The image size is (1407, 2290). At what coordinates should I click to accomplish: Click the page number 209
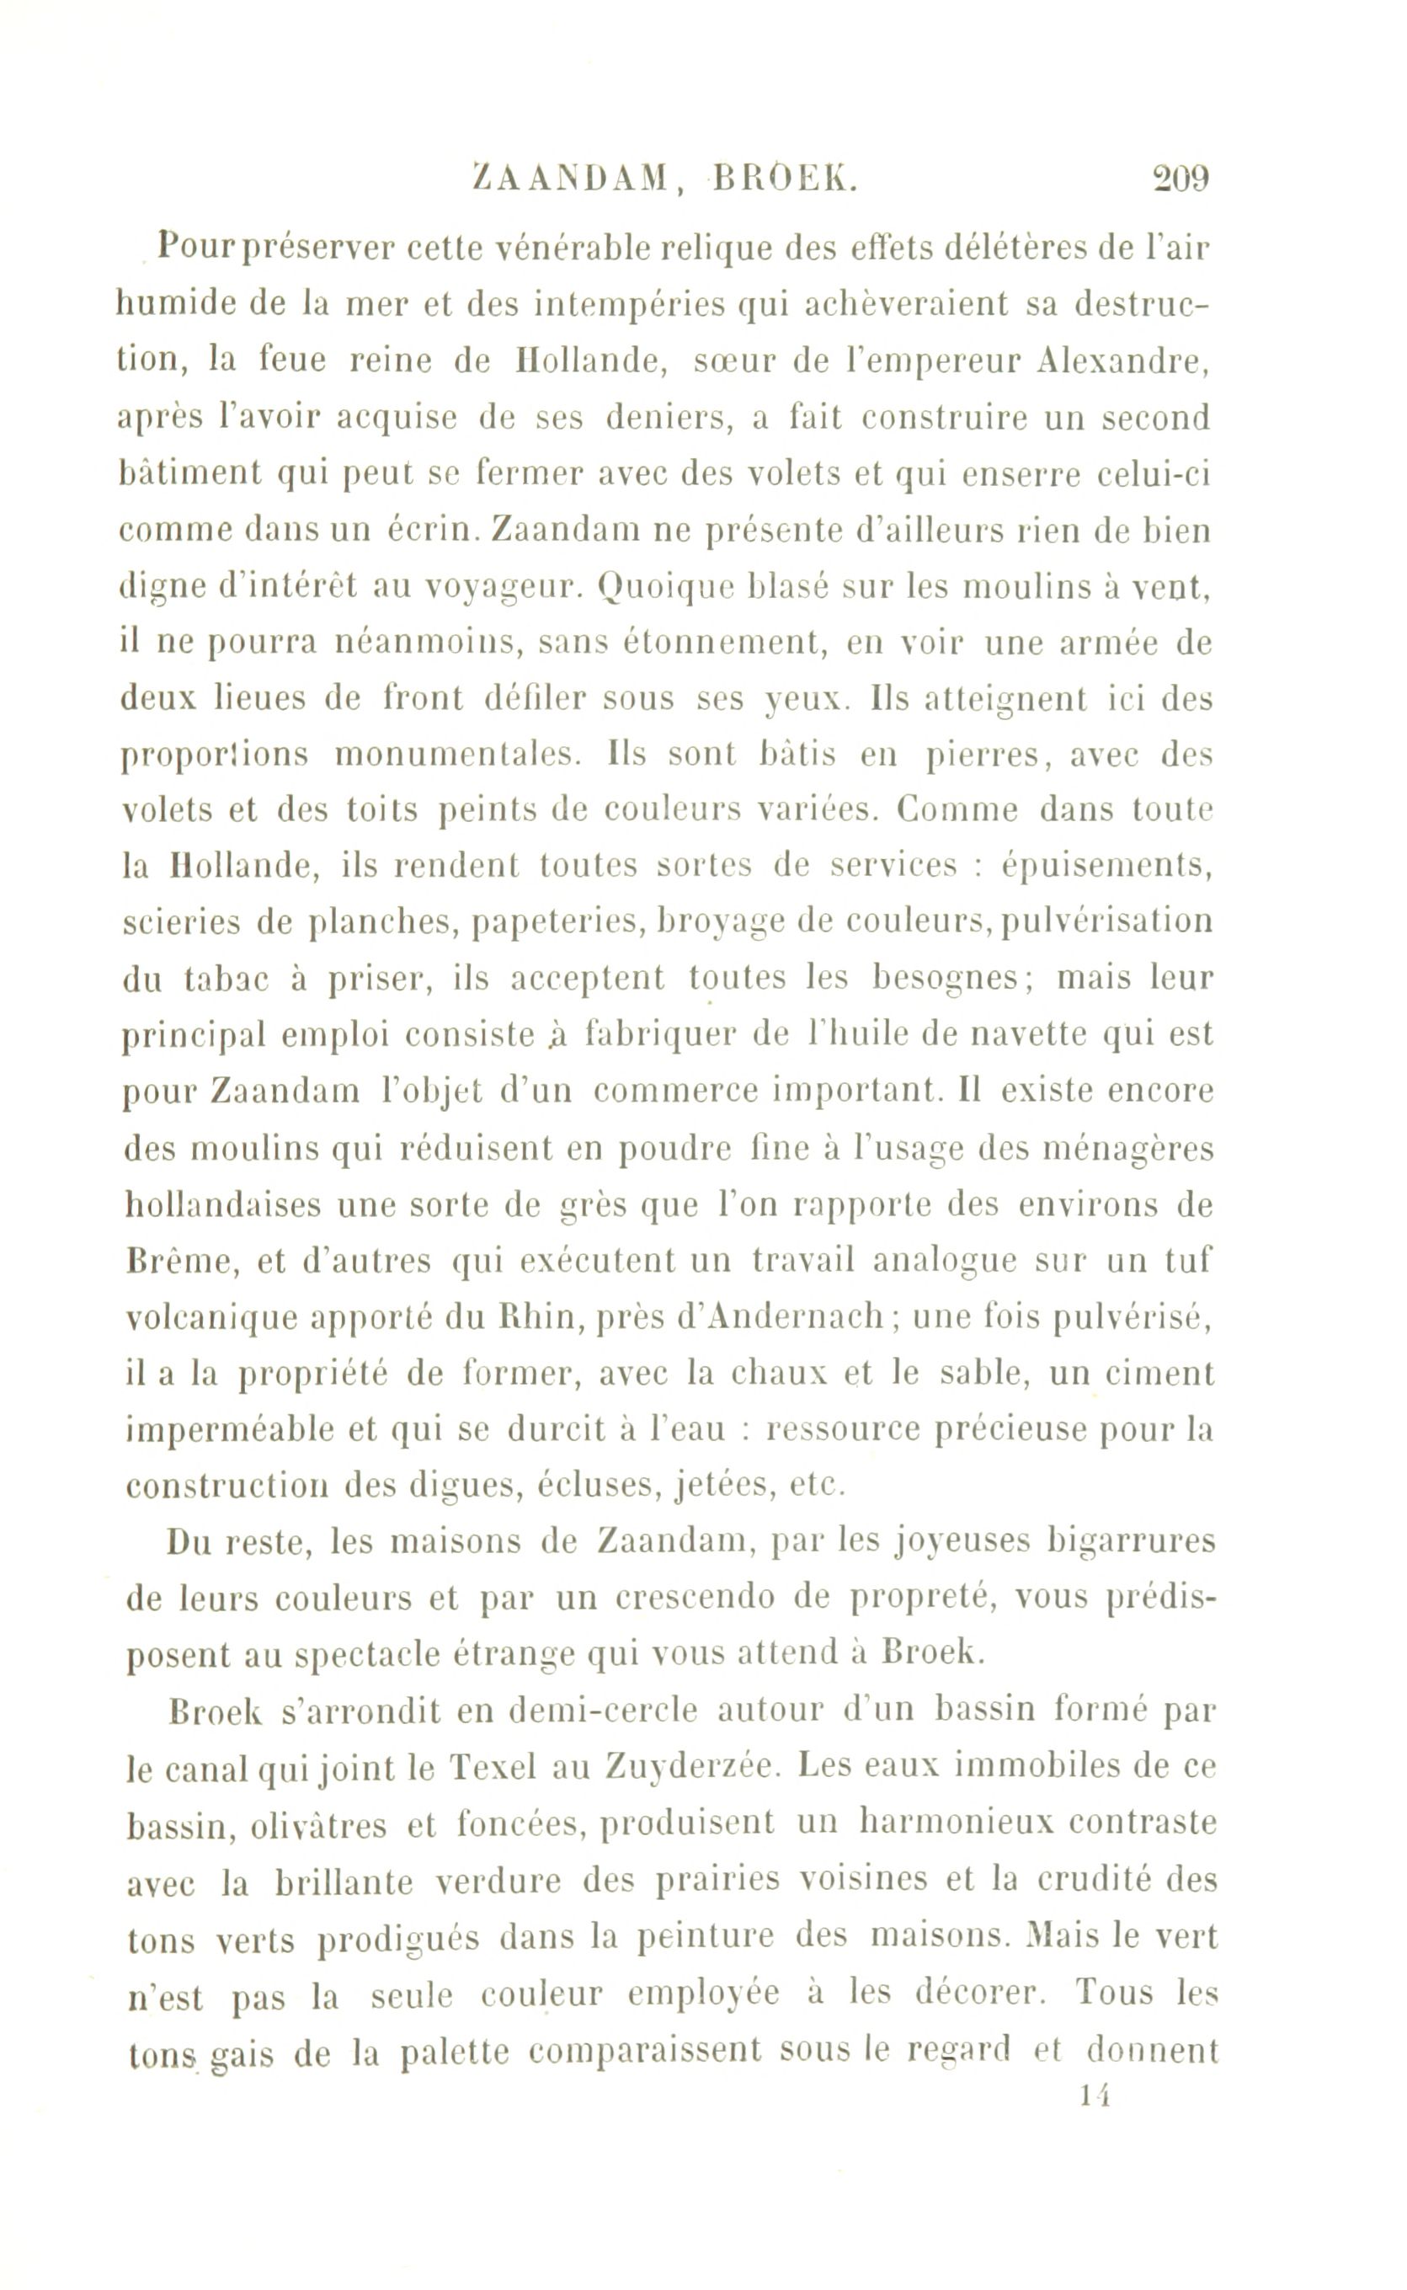(x=1180, y=178)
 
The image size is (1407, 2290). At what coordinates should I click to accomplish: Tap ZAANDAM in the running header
(x=572, y=178)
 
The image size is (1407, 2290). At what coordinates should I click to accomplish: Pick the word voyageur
(x=503, y=588)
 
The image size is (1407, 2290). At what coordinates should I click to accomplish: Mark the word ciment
(x=1162, y=1374)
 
